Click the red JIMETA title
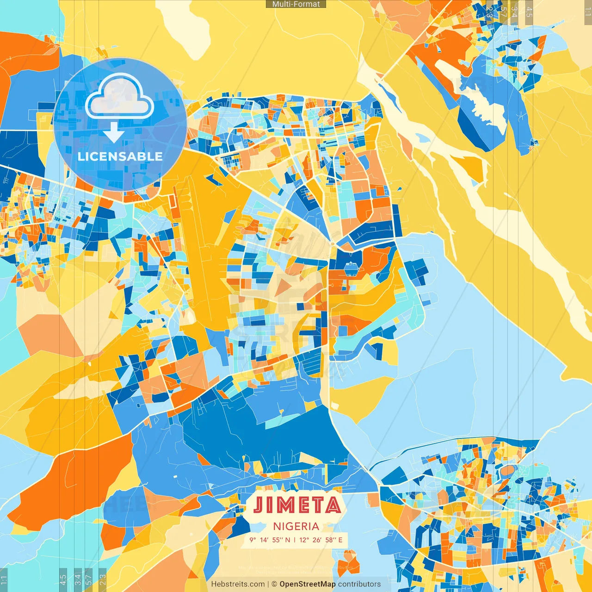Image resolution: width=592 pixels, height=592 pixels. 297,505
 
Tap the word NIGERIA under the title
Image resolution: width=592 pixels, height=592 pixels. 296,526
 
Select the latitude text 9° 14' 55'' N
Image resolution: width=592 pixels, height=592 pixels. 270,540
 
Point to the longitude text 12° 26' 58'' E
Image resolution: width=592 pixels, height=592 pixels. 321,540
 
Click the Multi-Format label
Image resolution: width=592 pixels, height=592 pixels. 296,4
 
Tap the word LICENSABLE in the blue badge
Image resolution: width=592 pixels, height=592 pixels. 120,156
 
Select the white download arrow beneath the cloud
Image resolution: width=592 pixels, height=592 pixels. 113,133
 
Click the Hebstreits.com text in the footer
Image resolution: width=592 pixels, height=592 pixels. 238,584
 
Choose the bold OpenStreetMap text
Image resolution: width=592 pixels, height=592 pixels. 307,584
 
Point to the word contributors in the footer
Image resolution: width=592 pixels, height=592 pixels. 359,584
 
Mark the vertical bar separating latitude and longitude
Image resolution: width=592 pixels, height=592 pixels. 295,540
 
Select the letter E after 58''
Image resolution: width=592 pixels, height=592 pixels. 340,540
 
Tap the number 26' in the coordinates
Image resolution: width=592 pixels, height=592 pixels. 317,540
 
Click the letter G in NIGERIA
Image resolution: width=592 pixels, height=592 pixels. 290,526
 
